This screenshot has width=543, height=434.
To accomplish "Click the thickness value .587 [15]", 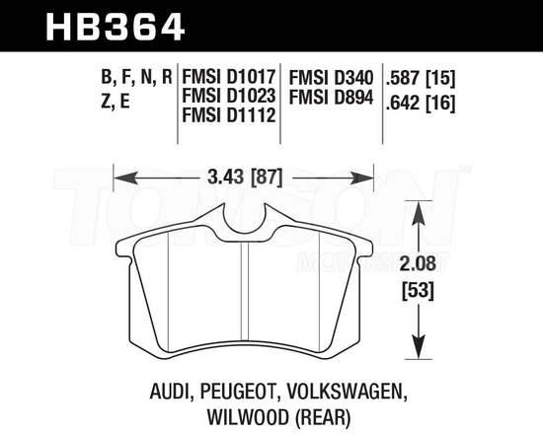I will tap(427, 76).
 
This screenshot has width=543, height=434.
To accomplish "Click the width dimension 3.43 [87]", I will tap(245, 180).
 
